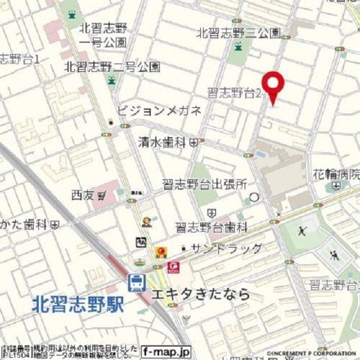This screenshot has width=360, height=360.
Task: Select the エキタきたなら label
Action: [200, 294]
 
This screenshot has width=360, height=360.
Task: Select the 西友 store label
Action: [82, 195]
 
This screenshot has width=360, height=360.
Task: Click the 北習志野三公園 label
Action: [238, 34]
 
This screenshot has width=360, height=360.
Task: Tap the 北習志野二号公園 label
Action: [112, 66]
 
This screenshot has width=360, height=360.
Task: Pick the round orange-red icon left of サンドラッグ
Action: [161, 250]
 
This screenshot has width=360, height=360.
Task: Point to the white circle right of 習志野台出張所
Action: [253, 196]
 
